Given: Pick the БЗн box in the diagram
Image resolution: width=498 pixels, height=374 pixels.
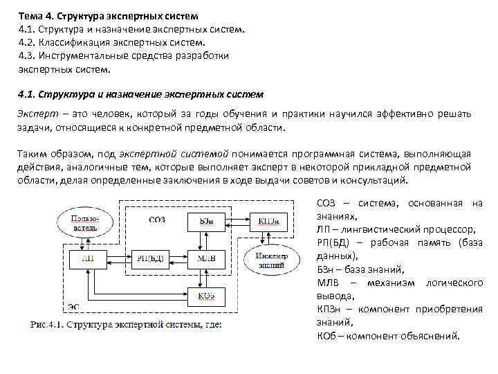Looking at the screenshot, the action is [x=206, y=221].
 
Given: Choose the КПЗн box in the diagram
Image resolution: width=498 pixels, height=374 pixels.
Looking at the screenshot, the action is [x=270, y=221].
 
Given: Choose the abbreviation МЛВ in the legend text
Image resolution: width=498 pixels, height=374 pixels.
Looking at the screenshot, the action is [x=329, y=283].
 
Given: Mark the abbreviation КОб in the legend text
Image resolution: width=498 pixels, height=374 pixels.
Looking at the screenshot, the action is [x=328, y=336].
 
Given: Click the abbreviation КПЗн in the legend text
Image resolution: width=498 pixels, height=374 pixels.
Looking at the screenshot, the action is [x=331, y=309].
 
